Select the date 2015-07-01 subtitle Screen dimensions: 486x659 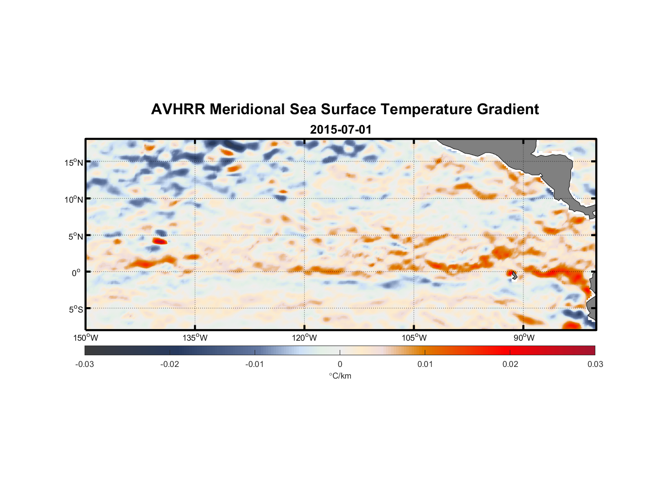click(x=341, y=130)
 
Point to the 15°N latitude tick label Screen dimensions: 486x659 click(x=74, y=162)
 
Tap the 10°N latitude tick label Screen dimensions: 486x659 click(x=74, y=199)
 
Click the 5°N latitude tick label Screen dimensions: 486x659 click(x=75, y=236)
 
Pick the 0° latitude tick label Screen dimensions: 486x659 click(x=77, y=273)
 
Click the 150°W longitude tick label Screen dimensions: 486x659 click(x=86, y=338)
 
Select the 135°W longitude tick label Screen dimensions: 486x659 click(x=195, y=338)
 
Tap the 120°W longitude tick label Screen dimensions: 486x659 click(x=305, y=338)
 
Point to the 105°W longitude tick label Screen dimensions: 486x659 click(x=414, y=338)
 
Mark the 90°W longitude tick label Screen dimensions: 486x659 click(x=523, y=338)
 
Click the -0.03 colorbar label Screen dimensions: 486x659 click(x=85, y=364)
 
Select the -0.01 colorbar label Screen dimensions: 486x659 click(x=255, y=364)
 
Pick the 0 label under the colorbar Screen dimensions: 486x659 click(x=340, y=364)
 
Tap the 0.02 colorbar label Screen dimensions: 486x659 click(x=510, y=364)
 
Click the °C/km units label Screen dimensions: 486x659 click(x=340, y=376)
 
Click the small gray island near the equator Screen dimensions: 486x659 click(x=514, y=276)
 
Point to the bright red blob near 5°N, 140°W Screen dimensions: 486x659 click(x=159, y=241)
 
